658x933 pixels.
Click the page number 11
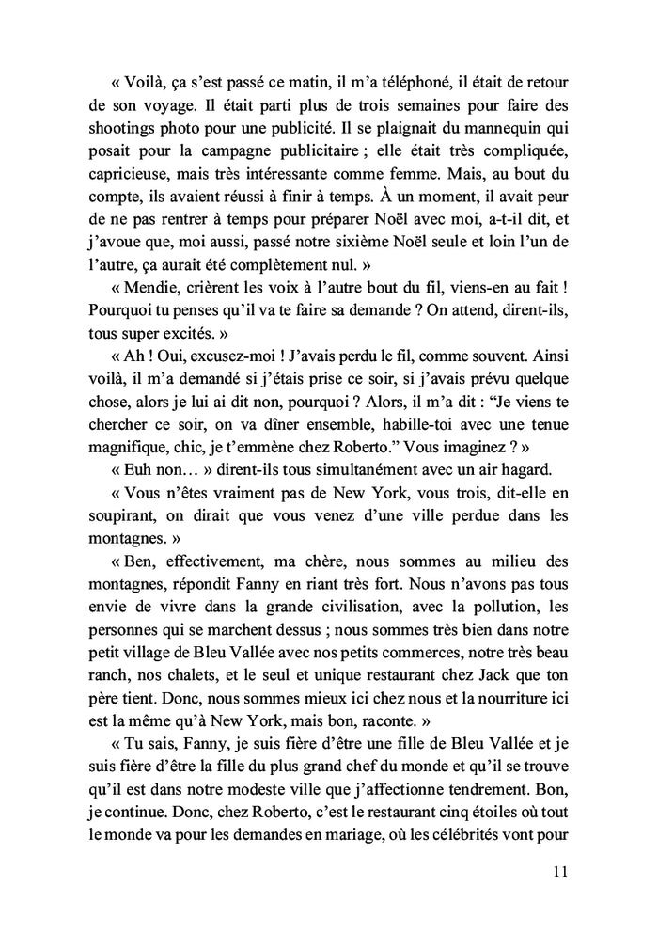[x=560, y=871]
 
